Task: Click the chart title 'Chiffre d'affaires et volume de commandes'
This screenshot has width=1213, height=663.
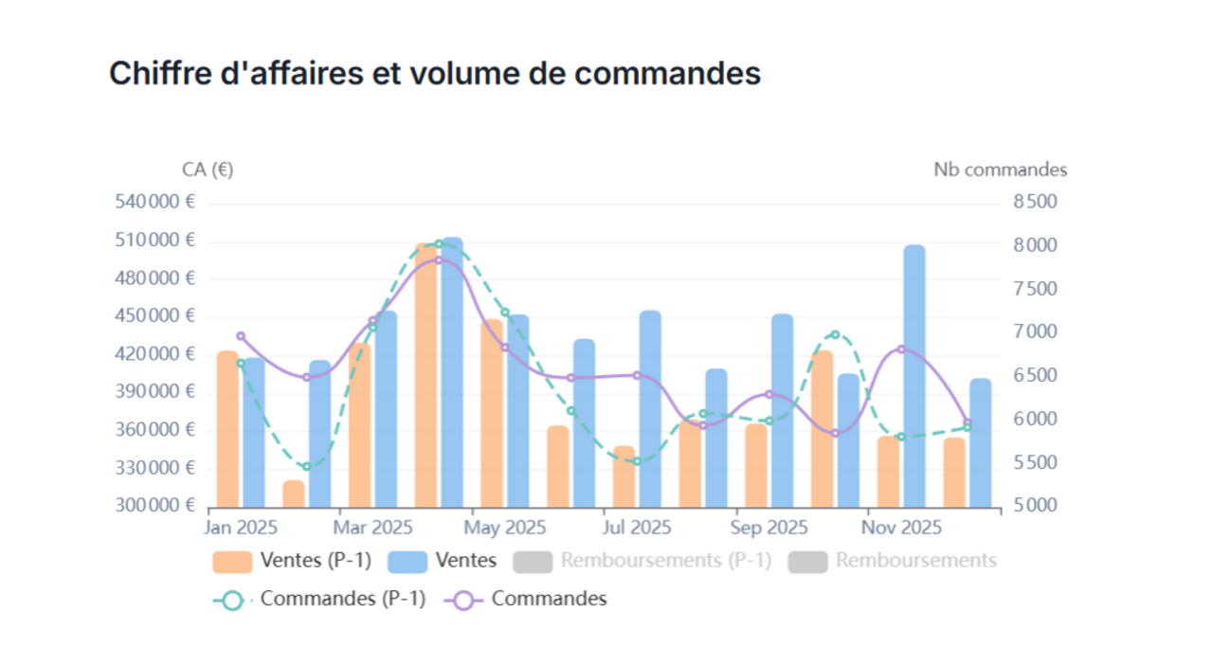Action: pos(435,73)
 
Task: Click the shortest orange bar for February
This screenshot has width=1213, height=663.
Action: pos(294,493)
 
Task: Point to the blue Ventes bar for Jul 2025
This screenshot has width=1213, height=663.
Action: pos(650,408)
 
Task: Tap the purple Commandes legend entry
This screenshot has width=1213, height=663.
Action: pos(532,599)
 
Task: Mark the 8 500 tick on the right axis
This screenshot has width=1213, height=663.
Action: pos(1035,202)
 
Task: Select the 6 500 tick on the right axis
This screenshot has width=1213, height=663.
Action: pos(1035,376)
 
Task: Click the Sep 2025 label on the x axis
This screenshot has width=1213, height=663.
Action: pos(769,528)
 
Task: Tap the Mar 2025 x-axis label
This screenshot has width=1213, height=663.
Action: pos(372,528)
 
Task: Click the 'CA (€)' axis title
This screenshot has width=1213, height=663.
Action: pos(208,170)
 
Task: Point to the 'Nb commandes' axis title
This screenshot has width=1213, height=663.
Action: pos(1000,170)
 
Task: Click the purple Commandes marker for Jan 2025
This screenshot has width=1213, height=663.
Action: pos(241,336)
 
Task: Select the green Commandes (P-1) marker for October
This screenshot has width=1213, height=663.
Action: pos(835,334)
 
